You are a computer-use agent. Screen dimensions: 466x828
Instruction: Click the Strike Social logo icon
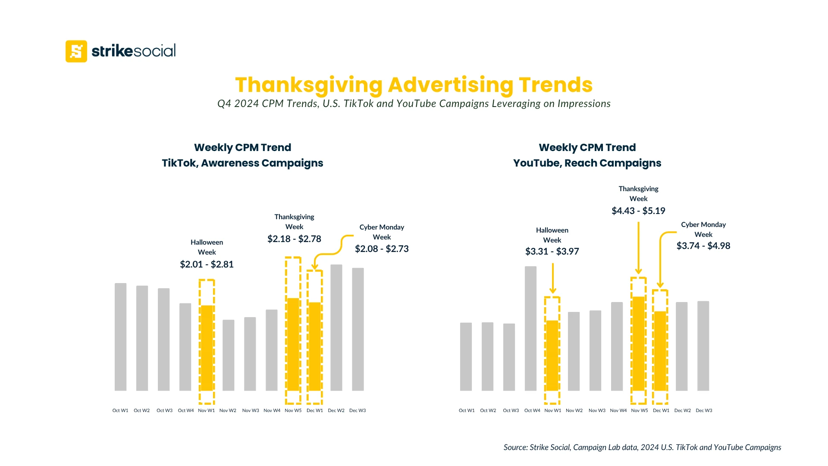pos(76,51)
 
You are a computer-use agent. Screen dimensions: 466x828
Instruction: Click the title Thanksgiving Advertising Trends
pos(414,85)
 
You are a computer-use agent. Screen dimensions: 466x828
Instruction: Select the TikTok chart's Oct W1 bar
pos(120,337)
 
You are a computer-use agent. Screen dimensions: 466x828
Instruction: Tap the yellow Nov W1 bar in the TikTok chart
pos(207,348)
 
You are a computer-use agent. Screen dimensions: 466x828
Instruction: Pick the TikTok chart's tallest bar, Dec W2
pos(336,327)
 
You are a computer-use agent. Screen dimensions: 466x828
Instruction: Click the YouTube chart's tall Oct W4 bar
pos(530,328)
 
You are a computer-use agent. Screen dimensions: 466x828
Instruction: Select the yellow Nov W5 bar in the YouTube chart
pos(638,343)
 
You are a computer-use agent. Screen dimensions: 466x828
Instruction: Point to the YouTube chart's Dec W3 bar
pos(703,346)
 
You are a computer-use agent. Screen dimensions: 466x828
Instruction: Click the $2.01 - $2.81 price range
pos(207,264)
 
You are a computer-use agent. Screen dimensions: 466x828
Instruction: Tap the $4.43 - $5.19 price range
pos(638,211)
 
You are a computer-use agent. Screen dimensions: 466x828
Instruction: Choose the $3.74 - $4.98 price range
pos(703,246)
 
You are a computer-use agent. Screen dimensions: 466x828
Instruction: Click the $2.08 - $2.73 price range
pos(382,249)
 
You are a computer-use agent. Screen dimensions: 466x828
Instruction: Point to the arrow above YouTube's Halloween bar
pos(552,278)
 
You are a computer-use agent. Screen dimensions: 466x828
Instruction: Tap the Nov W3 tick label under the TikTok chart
pos(251,410)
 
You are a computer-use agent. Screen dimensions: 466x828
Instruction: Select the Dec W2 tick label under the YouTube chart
pos(682,410)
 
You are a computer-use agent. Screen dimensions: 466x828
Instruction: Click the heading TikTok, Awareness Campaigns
pos(242,163)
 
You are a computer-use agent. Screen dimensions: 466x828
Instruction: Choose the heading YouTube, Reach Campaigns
pos(587,163)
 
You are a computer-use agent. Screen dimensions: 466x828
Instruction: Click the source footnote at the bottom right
pos(642,447)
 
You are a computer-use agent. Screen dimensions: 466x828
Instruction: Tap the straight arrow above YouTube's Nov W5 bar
pos(638,248)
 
